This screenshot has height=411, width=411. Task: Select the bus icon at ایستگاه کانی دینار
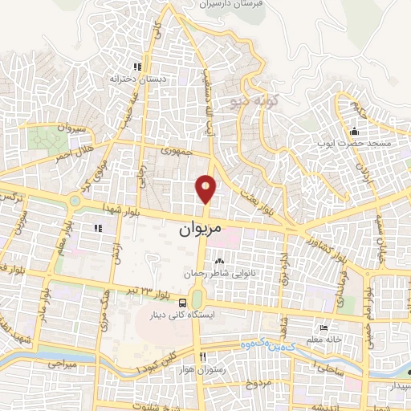184,303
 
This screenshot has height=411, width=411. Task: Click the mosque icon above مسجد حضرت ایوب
354,131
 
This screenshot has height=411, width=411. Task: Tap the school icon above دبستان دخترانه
138,67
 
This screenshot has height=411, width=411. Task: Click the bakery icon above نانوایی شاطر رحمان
220,261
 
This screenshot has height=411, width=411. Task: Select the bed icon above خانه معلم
323,328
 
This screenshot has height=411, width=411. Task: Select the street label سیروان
69,129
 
